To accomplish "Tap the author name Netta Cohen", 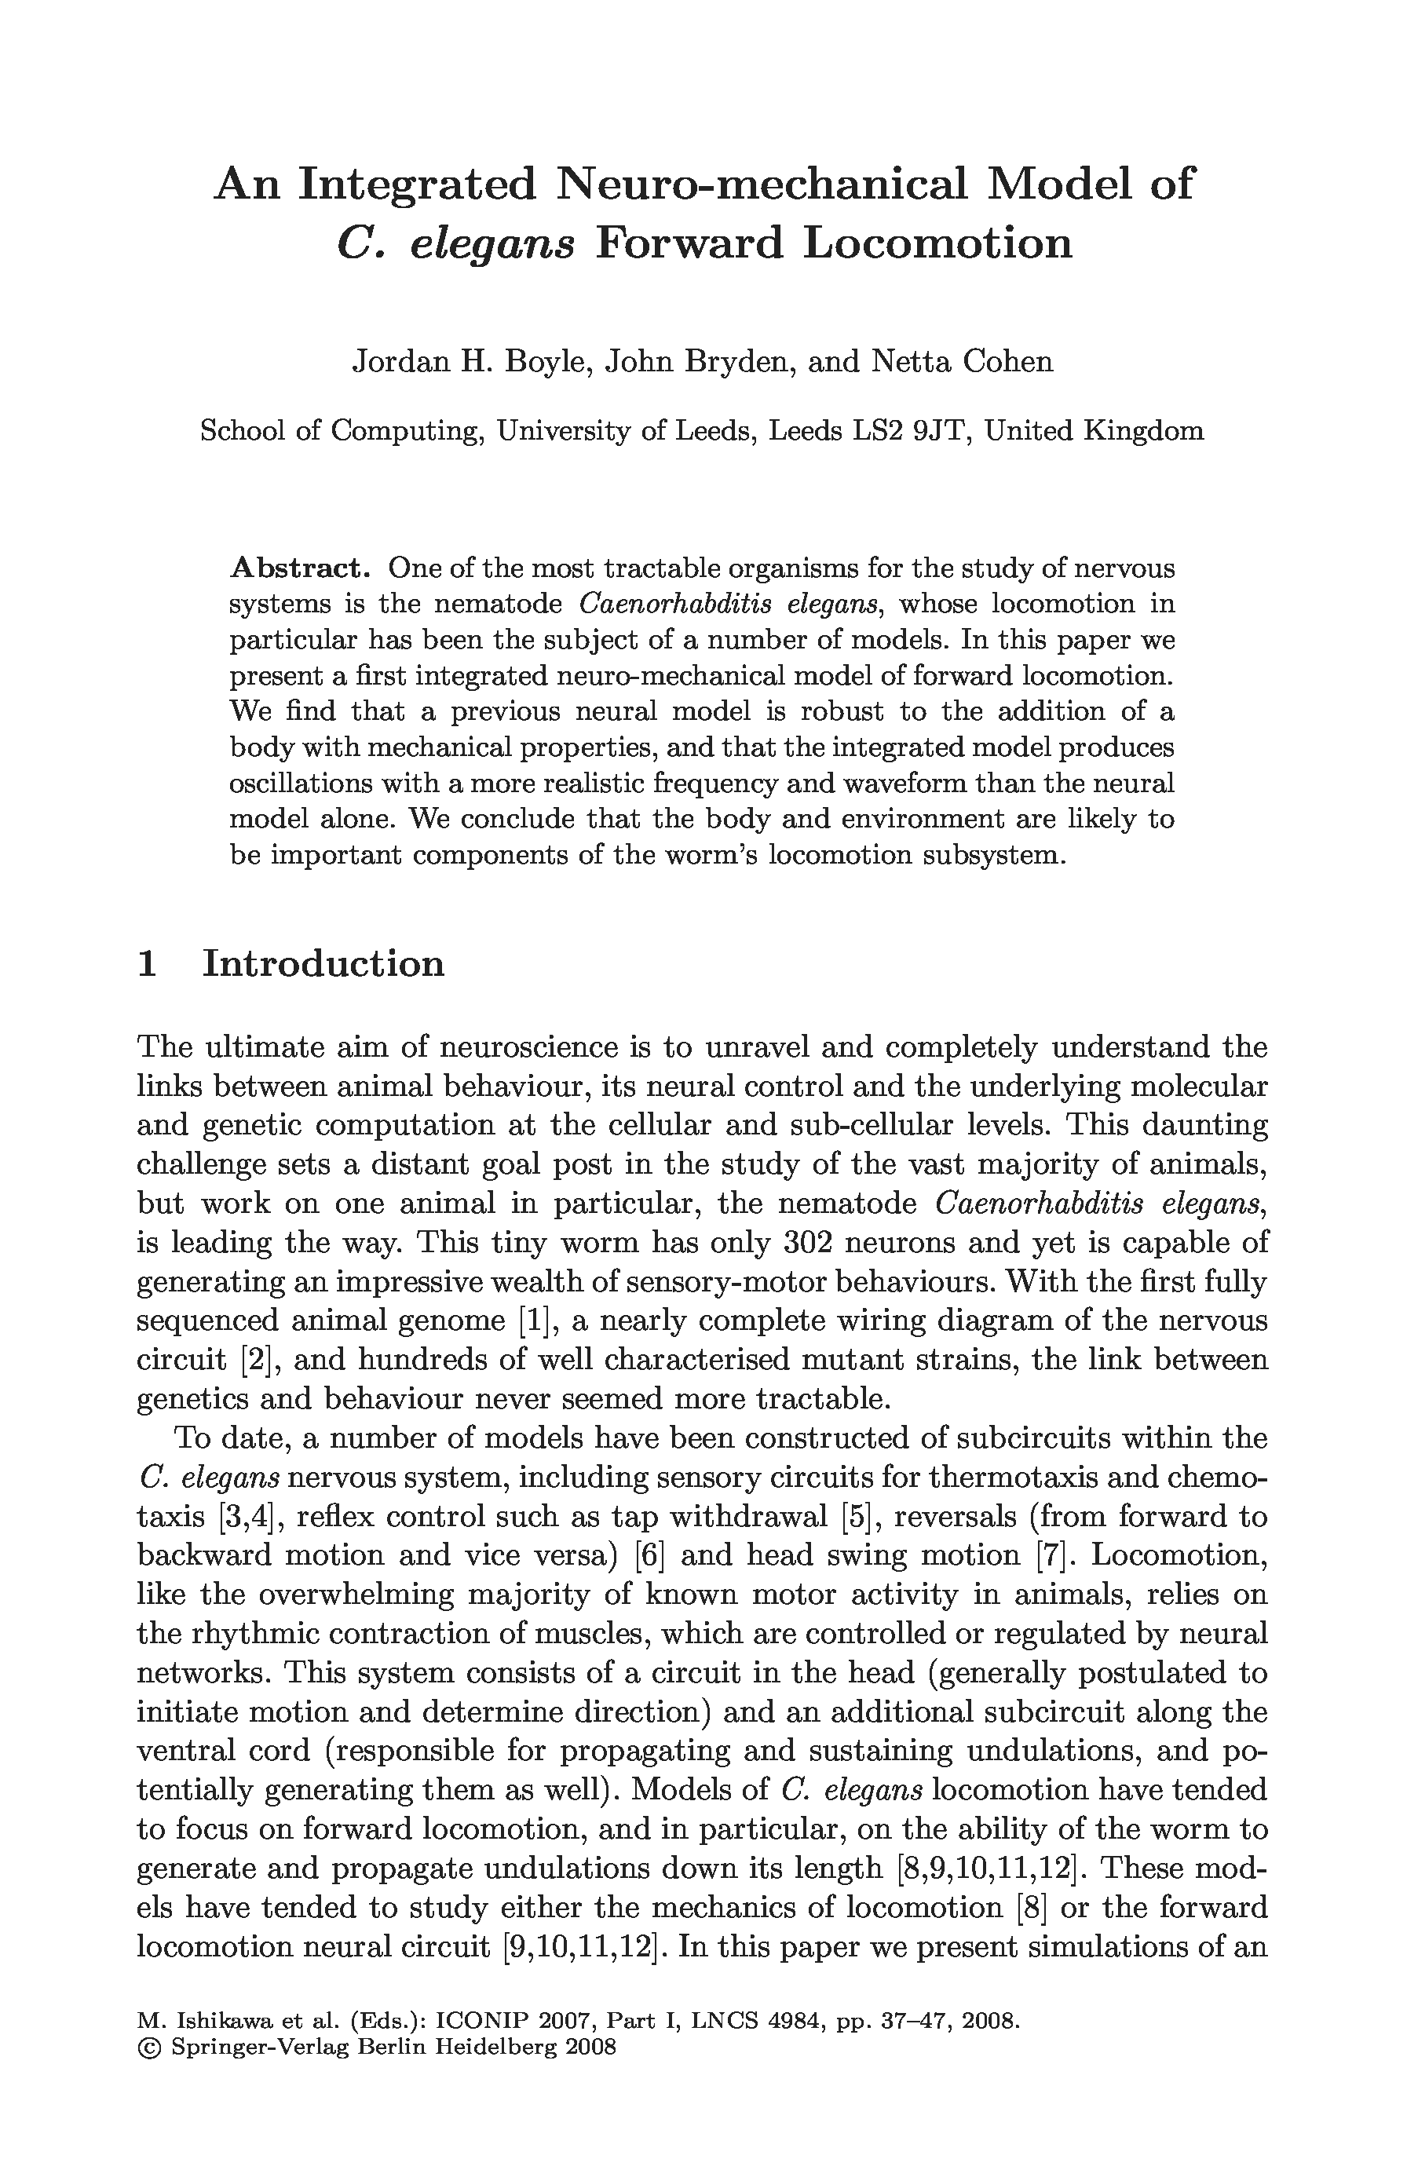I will point(962,361).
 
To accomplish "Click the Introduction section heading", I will point(323,963).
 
